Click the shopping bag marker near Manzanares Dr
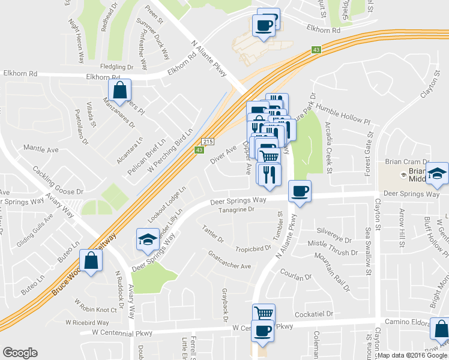point(120,91)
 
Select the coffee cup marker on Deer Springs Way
point(300,191)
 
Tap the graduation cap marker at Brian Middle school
point(438,173)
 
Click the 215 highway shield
point(207,141)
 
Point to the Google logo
point(20,353)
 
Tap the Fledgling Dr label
point(116,67)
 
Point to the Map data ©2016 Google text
point(412,355)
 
